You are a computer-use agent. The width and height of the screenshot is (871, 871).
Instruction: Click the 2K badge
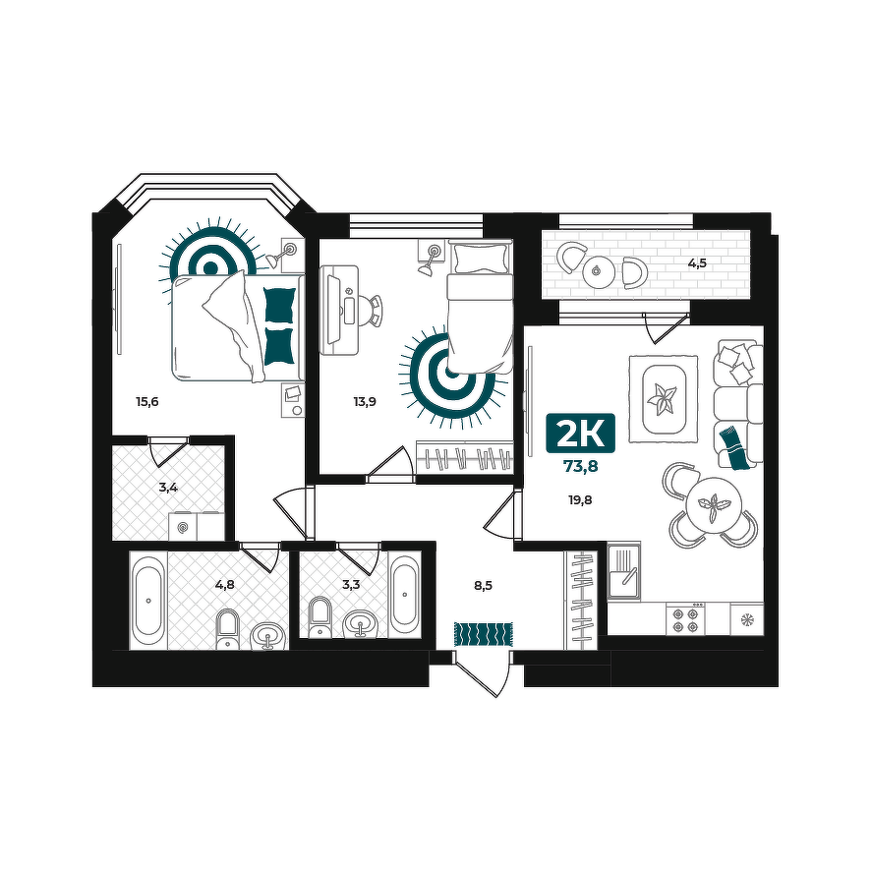pyautogui.click(x=580, y=433)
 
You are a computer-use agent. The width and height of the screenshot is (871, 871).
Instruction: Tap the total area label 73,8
pyautogui.click(x=580, y=467)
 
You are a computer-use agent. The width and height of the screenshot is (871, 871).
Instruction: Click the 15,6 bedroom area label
pyautogui.click(x=147, y=401)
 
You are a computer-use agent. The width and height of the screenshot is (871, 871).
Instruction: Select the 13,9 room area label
pyautogui.click(x=365, y=401)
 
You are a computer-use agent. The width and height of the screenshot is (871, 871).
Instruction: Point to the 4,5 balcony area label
pyautogui.click(x=697, y=263)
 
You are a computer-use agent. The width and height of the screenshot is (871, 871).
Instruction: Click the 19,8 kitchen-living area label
pyautogui.click(x=580, y=500)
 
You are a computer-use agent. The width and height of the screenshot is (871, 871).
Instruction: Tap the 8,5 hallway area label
pyautogui.click(x=484, y=585)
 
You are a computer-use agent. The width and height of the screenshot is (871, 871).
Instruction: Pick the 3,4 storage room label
pyautogui.click(x=168, y=488)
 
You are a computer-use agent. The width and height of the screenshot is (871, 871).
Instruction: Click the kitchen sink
pyautogui.click(x=624, y=571)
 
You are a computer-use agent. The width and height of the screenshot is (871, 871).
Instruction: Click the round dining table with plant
pyautogui.click(x=714, y=505)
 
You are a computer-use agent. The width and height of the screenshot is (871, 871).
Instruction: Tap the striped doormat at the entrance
pyautogui.click(x=484, y=634)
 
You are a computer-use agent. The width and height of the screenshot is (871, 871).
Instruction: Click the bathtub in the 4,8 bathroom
pyautogui.click(x=147, y=600)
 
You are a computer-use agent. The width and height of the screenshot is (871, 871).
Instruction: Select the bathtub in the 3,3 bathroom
pyautogui.click(x=404, y=595)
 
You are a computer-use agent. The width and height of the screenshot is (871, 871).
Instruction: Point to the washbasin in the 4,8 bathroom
pyautogui.click(x=268, y=635)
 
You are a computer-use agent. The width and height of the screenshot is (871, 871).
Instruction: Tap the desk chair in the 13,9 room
pyautogui.click(x=370, y=311)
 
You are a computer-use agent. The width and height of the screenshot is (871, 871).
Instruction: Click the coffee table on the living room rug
pyautogui.click(x=664, y=399)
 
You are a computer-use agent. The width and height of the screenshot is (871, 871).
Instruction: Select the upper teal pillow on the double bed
pyautogui.click(x=279, y=305)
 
